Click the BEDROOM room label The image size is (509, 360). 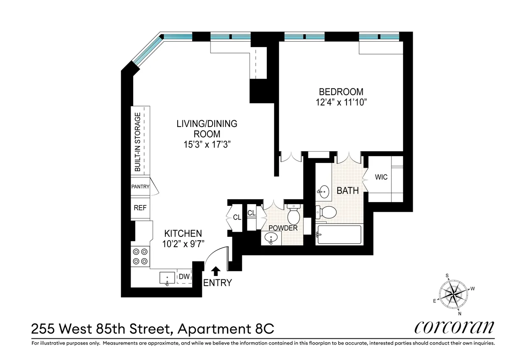[x=341, y=91]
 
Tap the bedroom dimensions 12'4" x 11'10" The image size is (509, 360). [x=341, y=102]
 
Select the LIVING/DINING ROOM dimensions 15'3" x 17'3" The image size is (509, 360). [x=207, y=144]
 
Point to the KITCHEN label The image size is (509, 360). [x=183, y=233]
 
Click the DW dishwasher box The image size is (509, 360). [x=184, y=277]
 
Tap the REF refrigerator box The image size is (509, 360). [x=140, y=208]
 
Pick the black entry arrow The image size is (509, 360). [x=215, y=271]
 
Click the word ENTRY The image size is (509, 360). [x=218, y=283]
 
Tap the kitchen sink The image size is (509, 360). [x=167, y=278]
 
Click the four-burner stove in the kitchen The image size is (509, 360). [x=140, y=256]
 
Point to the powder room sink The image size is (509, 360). [x=271, y=239]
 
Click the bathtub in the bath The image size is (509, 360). [x=338, y=234]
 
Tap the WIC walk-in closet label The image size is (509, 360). [x=381, y=177]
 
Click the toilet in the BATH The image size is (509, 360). [x=327, y=211]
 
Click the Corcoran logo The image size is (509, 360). [x=453, y=328]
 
